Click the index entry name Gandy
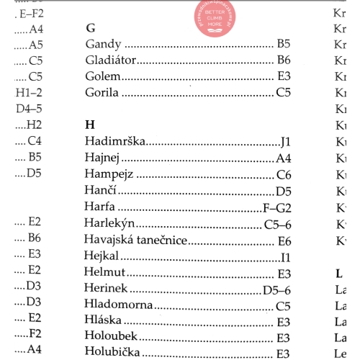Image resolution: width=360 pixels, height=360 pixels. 102,45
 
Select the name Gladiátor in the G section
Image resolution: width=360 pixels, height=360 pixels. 110,60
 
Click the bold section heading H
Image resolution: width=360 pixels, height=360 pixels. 89,125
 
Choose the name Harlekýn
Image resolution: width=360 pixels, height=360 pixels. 109,224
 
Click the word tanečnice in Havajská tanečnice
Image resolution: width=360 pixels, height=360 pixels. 159,240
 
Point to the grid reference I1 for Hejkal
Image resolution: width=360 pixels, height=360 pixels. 285,256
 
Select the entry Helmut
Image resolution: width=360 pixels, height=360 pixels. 105,273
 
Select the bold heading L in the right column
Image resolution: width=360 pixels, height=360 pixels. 339,273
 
